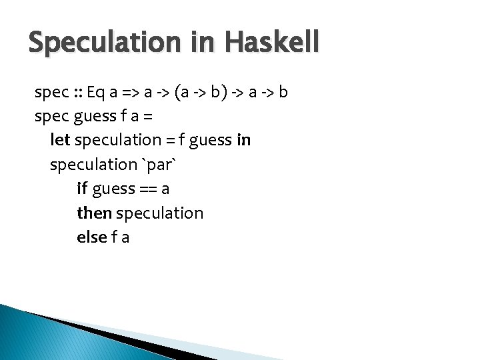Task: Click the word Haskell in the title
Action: point(271,43)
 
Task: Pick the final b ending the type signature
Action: point(283,91)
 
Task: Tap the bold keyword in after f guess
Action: point(243,140)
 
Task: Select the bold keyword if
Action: point(82,189)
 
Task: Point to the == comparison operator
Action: point(148,189)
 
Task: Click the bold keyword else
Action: point(91,237)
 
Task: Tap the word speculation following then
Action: point(160,213)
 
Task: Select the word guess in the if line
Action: point(113,189)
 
